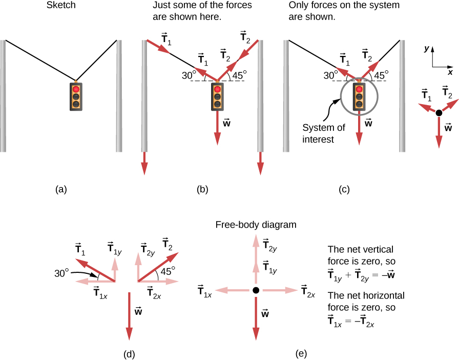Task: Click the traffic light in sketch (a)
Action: (x=76, y=96)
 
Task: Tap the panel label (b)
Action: (x=202, y=190)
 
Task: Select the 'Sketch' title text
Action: (x=61, y=6)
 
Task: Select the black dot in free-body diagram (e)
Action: (x=256, y=290)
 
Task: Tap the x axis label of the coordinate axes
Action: (x=450, y=72)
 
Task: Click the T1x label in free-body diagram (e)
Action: (x=205, y=291)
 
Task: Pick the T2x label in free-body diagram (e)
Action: (x=308, y=291)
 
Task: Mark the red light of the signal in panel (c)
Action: (x=360, y=90)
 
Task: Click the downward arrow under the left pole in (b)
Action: (x=144, y=164)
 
